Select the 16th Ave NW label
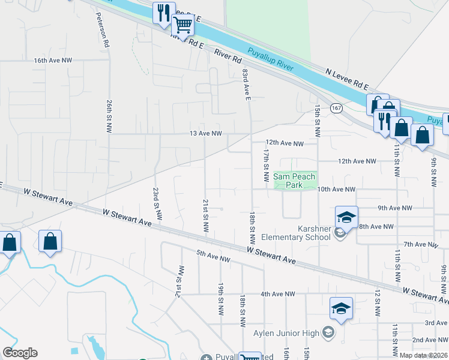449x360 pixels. pyautogui.click(x=53, y=61)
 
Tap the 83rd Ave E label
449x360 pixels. pyautogui.click(x=246, y=85)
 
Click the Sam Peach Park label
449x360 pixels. pyautogui.click(x=294, y=181)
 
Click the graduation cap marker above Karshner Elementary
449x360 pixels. pyautogui.click(x=346, y=217)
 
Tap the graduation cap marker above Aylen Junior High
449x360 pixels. pyautogui.click(x=341, y=309)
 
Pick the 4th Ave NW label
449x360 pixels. pyautogui.click(x=278, y=294)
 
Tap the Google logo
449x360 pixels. pyautogui.click(x=20, y=353)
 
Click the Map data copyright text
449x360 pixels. pyautogui.click(x=423, y=355)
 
